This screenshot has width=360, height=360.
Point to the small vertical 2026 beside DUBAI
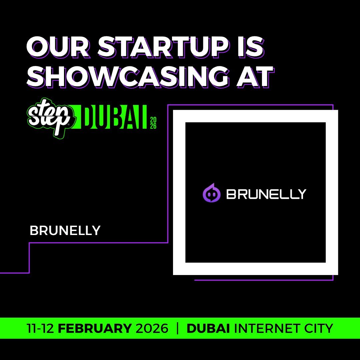tap(153, 122)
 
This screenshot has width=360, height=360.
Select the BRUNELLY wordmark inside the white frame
tap(266, 194)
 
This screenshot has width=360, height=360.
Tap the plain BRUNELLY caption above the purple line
tap(65, 231)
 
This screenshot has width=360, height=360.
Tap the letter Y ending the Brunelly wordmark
tap(301, 194)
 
